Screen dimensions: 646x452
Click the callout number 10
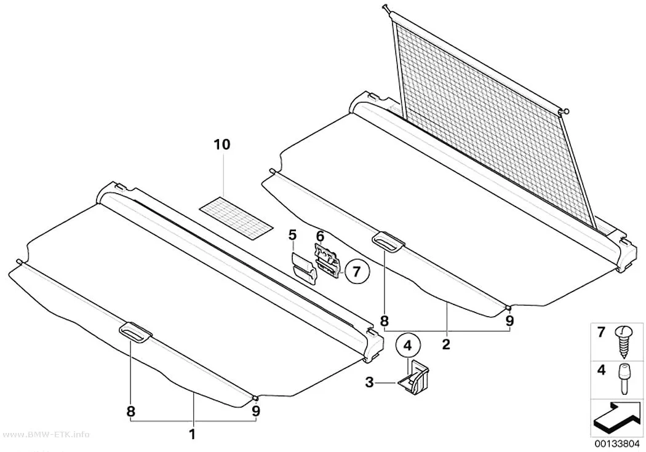222,145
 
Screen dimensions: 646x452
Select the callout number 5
292,236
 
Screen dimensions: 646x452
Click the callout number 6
320,236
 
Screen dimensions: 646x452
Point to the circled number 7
357,271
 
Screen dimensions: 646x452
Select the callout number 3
369,383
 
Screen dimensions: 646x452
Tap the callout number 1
191,434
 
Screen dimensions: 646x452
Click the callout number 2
446,344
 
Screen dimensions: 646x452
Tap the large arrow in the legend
616,419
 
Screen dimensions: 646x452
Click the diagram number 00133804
616,444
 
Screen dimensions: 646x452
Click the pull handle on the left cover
135,332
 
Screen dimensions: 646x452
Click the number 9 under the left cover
256,411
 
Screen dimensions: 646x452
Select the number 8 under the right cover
384,320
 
